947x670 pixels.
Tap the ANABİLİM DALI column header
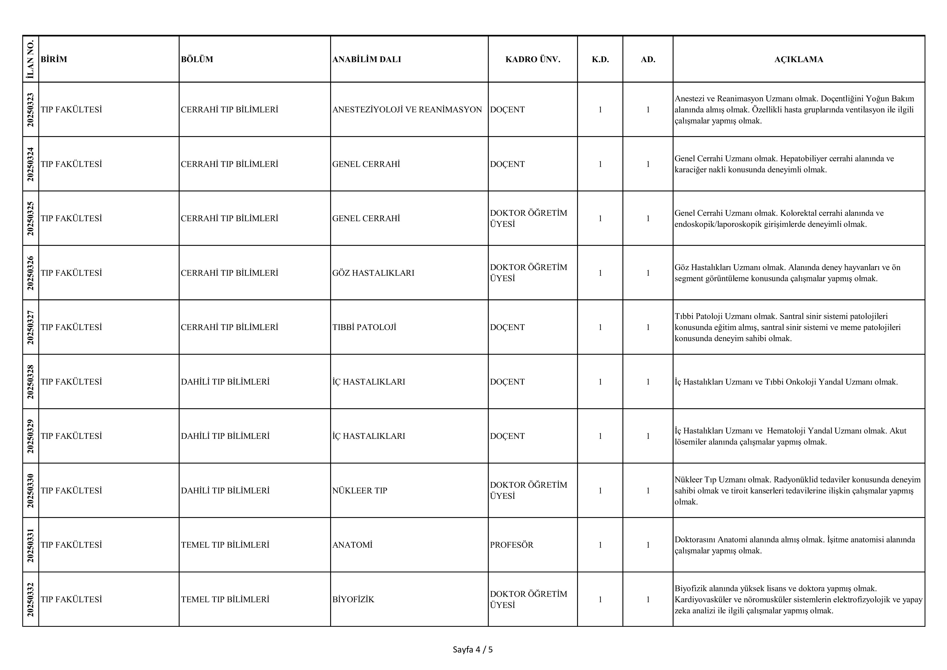coord(366,59)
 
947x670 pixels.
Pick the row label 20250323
coord(30,109)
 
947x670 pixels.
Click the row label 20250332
coord(30,600)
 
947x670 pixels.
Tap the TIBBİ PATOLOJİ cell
coord(364,328)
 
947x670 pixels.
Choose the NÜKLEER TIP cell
coord(359,490)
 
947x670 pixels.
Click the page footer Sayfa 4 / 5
coord(473,650)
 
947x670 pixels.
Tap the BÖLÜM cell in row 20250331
coord(225,545)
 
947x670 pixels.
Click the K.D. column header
coord(600,59)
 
